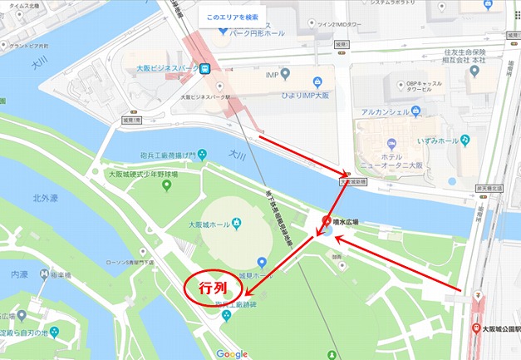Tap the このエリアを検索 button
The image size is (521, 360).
(x=233, y=16)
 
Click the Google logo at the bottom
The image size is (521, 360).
(x=233, y=353)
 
